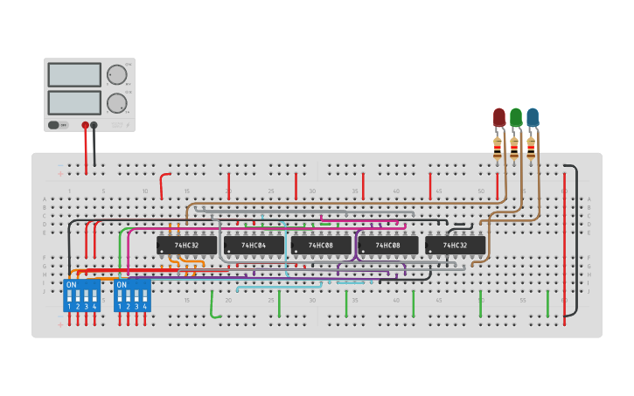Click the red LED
[x=499, y=117]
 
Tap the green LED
[x=516, y=117]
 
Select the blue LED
[x=533, y=117]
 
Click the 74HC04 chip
[x=254, y=246]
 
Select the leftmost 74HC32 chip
[x=186, y=246]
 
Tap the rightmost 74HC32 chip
[x=455, y=246]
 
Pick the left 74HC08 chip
[x=321, y=246]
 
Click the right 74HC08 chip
[x=388, y=246]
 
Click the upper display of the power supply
[x=74, y=75]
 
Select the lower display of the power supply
[x=74, y=102]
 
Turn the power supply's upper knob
[x=115, y=75]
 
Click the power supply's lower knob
[x=115, y=104]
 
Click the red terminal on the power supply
[x=85, y=125]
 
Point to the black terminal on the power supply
[x=94, y=125]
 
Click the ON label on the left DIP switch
[x=71, y=285]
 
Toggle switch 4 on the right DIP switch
[x=145, y=297]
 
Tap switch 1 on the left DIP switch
[x=69, y=297]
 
